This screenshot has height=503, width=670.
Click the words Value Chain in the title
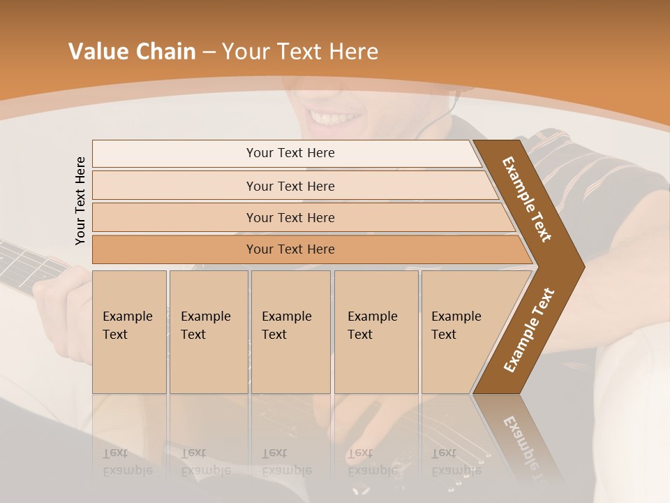click(132, 51)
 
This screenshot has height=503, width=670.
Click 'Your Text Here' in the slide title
click(300, 51)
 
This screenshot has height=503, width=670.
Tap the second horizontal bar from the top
click(290, 186)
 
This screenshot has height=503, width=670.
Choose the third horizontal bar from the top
click(290, 217)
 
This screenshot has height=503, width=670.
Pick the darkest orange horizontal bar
click(290, 249)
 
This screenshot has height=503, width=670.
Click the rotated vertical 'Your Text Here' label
click(80, 201)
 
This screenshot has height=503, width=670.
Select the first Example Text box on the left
click(129, 331)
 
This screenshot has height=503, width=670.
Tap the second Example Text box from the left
click(208, 331)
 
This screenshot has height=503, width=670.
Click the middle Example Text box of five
click(290, 331)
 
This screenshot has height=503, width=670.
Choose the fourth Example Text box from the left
click(375, 331)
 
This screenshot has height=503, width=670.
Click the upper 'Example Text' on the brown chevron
click(527, 199)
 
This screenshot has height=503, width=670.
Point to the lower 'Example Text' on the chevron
click(528, 330)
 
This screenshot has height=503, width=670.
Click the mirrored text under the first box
click(127, 462)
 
